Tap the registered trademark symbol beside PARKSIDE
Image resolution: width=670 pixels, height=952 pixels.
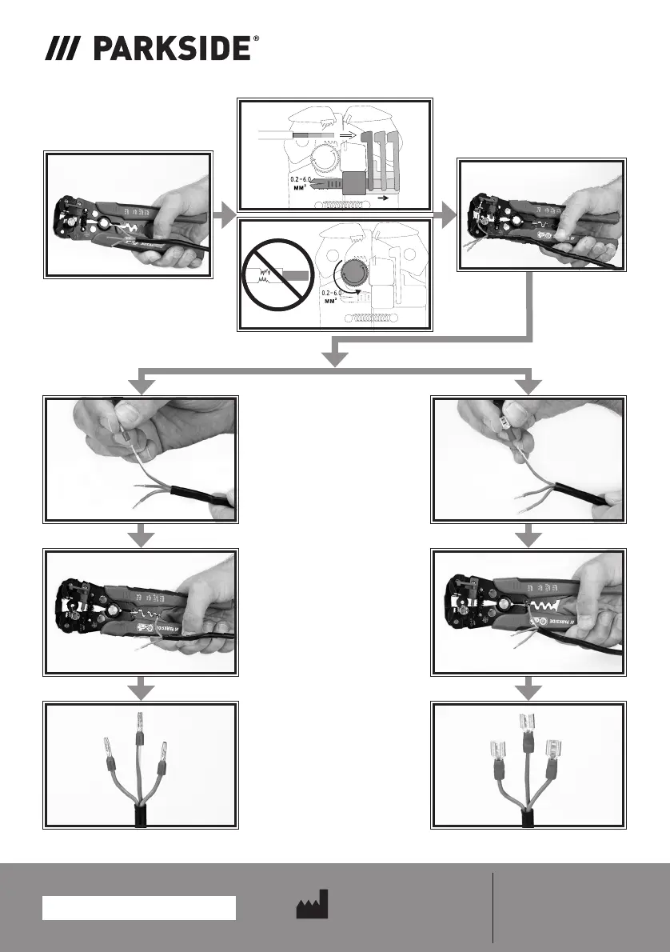click(256, 39)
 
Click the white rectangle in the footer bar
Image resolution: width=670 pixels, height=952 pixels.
click(139, 908)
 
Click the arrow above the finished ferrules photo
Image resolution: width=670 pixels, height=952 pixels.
click(141, 688)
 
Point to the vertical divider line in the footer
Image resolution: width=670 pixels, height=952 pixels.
click(493, 907)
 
